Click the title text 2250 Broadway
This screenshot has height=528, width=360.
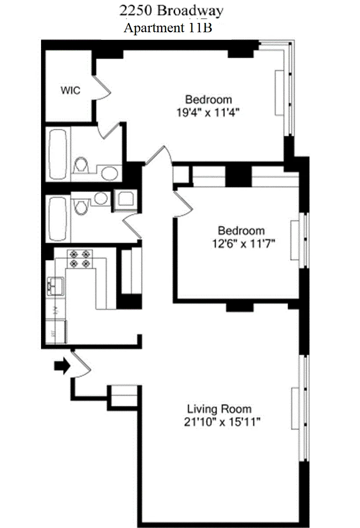coord(171,11)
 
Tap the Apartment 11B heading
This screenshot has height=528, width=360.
coord(168,28)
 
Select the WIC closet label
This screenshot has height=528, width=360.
coord(70,91)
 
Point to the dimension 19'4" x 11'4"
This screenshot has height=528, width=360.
coord(208,112)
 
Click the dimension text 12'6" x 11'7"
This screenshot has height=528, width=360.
coord(241,244)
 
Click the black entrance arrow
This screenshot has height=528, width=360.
coord(62,366)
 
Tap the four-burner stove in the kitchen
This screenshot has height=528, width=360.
coord(80,259)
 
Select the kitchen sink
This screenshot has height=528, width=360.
coord(55,285)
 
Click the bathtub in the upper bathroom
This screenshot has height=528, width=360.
coord(58,154)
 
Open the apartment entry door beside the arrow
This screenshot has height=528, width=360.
coord(80,364)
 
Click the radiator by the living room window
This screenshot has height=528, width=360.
coord(295,408)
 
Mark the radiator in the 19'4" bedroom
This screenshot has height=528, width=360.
coord(279,92)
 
